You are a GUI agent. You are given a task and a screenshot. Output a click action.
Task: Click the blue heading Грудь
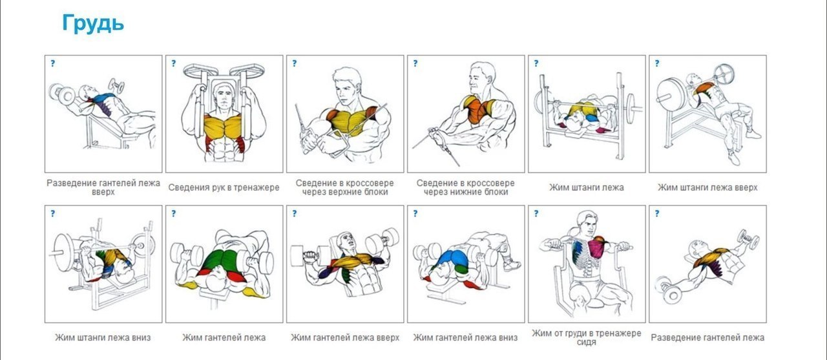tap(92, 24)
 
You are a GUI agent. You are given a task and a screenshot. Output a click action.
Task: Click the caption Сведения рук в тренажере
tap(224, 187)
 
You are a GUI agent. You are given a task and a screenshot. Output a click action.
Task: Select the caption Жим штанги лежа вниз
tap(103, 337)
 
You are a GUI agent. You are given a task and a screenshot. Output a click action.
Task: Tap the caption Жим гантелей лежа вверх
tap(345, 337)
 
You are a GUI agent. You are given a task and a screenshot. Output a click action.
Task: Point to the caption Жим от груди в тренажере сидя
tap(586, 337)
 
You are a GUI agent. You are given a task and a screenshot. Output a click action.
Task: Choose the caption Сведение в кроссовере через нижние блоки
tap(466, 187)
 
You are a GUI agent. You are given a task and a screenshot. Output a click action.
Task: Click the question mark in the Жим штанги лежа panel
tap(536, 63)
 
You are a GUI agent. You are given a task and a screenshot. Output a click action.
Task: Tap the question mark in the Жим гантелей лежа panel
tap(174, 213)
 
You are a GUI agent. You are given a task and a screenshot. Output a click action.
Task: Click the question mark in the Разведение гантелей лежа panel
tap(657, 213)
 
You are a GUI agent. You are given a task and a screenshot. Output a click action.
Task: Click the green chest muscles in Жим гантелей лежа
tap(221, 260)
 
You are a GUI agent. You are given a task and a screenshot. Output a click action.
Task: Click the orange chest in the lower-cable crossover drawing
tap(477, 110)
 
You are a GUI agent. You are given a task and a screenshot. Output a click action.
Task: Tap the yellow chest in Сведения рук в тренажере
tap(223, 126)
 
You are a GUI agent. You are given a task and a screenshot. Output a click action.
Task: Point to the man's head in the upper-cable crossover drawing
tap(347, 87)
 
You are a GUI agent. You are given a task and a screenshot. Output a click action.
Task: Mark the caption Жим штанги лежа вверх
tap(707, 187)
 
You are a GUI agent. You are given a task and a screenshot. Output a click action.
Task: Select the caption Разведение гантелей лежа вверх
tap(103, 187)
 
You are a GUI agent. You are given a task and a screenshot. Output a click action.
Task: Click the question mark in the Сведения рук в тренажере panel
tap(174, 63)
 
